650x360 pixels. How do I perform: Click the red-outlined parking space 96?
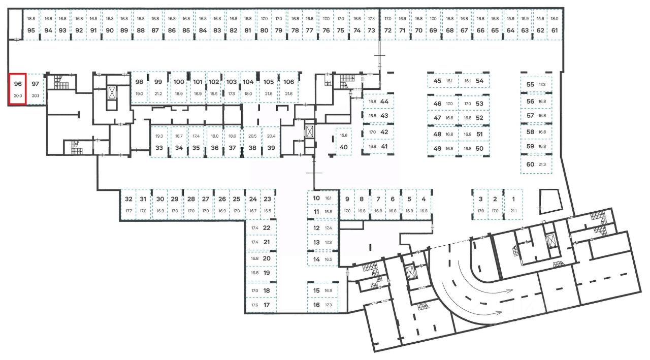pos(18,89)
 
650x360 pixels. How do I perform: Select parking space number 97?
pos(35,89)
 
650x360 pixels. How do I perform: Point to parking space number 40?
pos(344,142)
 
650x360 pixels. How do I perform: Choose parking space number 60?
pos(536,164)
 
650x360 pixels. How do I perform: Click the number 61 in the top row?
pos(555,30)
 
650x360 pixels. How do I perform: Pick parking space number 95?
pos(31,30)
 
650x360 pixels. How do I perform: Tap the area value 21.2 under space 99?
pos(158,93)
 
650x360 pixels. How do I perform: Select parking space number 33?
pos(159,142)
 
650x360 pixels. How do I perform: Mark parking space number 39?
pos(271,142)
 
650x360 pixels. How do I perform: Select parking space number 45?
pos(443,81)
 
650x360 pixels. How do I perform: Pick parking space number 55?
pos(536,85)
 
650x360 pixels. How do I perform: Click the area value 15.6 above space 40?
pos(344,135)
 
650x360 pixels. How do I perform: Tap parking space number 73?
pos(372,30)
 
